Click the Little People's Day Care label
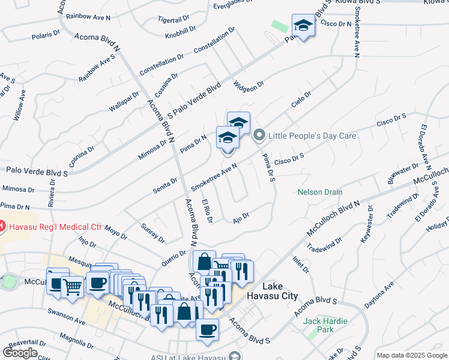click(x=312, y=136)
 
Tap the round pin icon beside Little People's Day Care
click(x=259, y=135)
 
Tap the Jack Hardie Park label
click(x=325, y=326)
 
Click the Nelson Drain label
click(x=320, y=193)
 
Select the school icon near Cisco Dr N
click(x=304, y=26)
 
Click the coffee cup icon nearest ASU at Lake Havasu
click(x=208, y=329)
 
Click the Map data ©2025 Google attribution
click(x=412, y=355)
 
